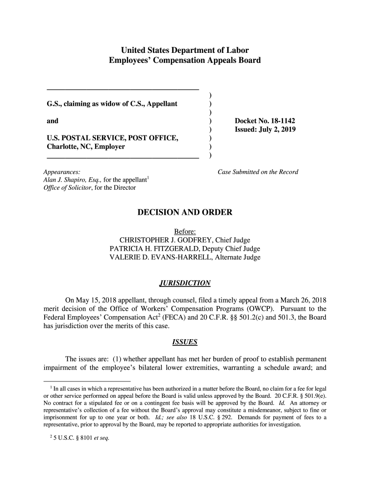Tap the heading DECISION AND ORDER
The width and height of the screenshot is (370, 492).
tap(185, 212)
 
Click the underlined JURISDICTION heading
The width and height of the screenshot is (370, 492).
tap(185, 283)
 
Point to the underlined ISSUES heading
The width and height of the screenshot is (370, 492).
tap(185, 343)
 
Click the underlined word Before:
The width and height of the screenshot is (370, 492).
tap(185, 232)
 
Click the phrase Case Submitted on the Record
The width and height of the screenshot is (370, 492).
tap(258, 172)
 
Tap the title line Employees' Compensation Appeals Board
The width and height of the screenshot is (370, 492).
tap(185, 61)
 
